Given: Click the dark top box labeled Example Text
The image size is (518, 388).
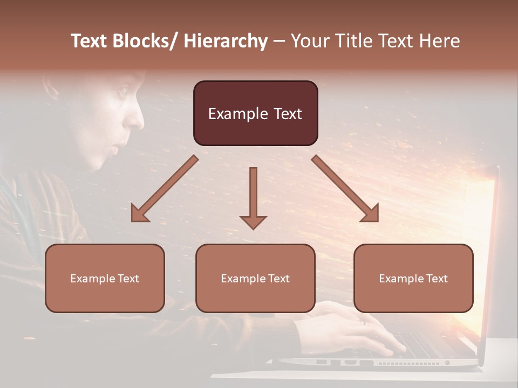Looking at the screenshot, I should point(255,113).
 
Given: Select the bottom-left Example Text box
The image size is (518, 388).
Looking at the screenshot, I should point(105,278).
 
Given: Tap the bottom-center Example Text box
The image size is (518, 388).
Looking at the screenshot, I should point(255,278).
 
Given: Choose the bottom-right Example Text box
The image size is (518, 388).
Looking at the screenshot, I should point(413,278).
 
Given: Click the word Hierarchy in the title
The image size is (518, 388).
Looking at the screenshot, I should point(226,41).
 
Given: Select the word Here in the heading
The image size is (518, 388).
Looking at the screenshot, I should point(439,41).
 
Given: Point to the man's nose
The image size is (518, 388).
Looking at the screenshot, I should point(135,119).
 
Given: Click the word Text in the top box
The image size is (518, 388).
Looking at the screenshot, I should point(281,114).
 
